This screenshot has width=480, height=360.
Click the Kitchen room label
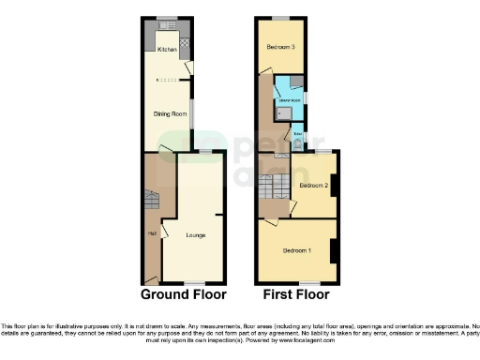pyautogui.click(x=167, y=49)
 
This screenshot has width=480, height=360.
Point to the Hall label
pyautogui.click(x=151, y=232)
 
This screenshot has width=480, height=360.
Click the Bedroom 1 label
pyautogui.click(x=298, y=250)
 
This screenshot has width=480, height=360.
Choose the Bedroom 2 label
pyautogui.click(x=313, y=186)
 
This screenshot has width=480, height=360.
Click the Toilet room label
pyautogui.click(x=297, y=134)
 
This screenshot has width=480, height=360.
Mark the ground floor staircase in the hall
pyautogui.click(x=153, y=202)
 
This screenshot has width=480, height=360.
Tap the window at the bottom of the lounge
pyautogui.click(x=194, y=282)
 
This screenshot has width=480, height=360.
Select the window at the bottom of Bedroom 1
pyautogui.click(x=308, y=282)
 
